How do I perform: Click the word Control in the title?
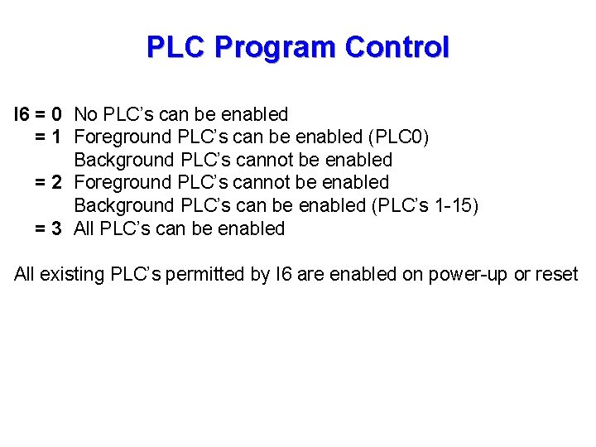pos(397,47)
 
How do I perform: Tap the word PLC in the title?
pos(176,47)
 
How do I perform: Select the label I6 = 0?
pos(38,114)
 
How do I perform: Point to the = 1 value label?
pos(49,137)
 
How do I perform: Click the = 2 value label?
pos(49,182)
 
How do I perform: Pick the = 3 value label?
pos(49,228)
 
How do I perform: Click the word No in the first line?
pos(86,114)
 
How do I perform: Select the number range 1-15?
pos(456,205)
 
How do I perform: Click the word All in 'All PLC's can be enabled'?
pos(85,228)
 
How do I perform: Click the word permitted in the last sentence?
pos(204,275)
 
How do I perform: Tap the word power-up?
pos(469,275)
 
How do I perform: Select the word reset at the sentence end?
pos(557,275)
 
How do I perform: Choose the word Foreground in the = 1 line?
pos(122,137)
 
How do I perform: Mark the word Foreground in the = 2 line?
pos(122,182)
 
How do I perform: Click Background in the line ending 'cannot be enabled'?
pos(123,160)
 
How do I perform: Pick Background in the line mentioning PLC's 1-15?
pos(123,205)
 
